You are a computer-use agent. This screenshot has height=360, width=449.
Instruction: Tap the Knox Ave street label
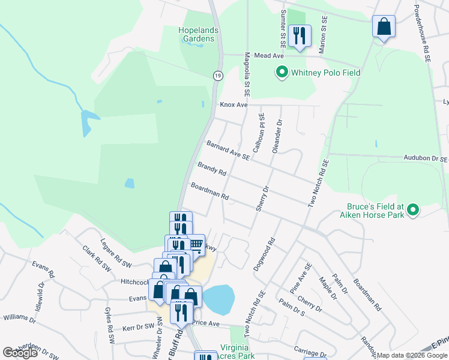pos(234,104)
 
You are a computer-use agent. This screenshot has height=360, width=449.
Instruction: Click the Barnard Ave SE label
pos(228,150)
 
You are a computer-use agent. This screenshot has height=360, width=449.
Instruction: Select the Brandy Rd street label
pos(211,169)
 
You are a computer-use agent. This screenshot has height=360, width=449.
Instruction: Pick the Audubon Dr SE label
pos(426,160)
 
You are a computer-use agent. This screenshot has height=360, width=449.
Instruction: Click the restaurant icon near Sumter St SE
pos(299,35)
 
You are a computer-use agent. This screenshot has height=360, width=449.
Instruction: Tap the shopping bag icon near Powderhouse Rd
pos(384,27)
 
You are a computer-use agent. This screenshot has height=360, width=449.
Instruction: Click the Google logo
pos(20,352)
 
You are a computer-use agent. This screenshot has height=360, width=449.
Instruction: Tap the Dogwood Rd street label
pos(264,254)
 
